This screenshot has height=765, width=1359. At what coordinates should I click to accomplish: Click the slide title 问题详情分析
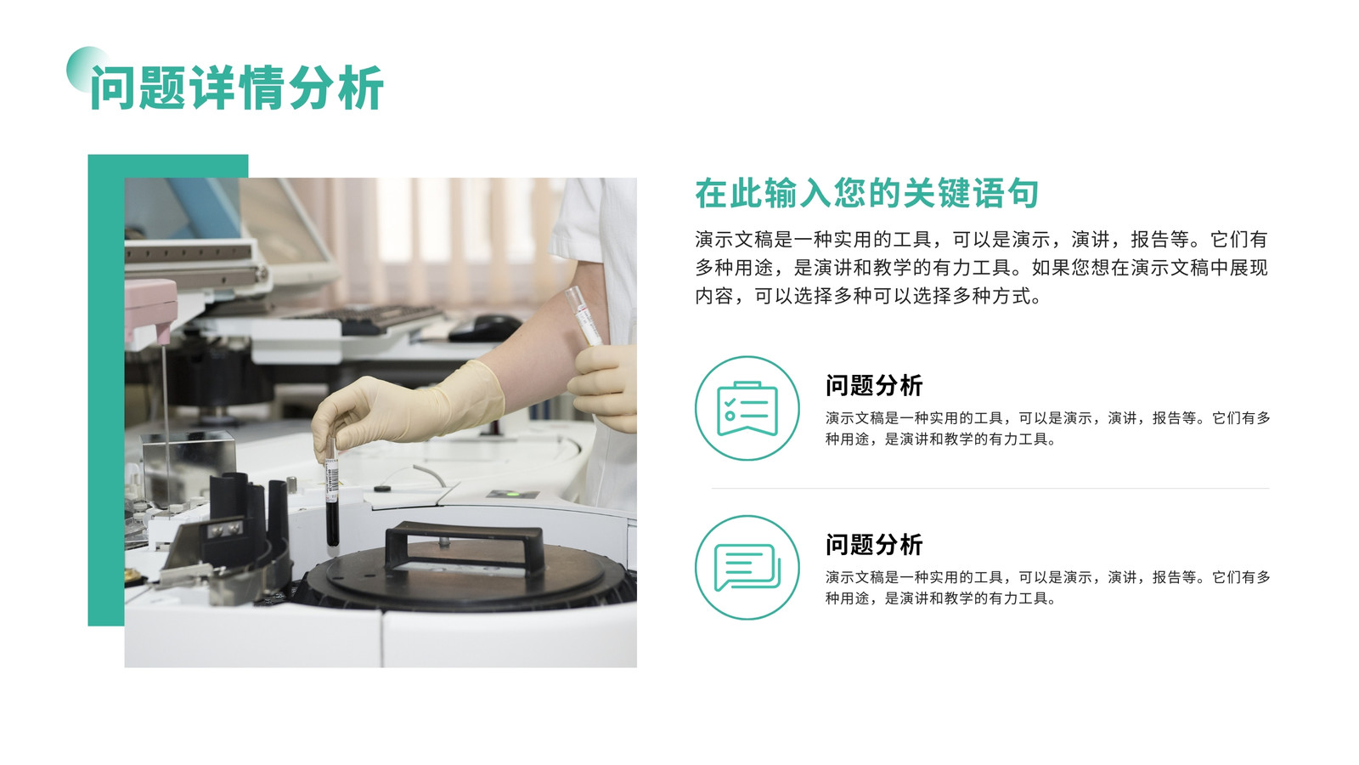(237, 88)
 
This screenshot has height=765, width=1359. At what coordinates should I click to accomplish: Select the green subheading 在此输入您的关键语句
(867, 194)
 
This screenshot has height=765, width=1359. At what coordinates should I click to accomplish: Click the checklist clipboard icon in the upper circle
(747, 409)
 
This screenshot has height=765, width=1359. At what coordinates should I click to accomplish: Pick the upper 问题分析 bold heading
(874, 386)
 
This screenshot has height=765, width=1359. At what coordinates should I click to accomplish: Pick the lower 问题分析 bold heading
(874, 545)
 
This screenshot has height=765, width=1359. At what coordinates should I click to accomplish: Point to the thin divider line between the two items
(990, 488)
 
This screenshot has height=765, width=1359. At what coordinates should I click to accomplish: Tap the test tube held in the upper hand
(584, 316)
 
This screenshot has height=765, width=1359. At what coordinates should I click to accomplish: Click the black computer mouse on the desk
(486, 328)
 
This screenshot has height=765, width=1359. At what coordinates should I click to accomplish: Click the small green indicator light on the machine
(513, 494)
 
